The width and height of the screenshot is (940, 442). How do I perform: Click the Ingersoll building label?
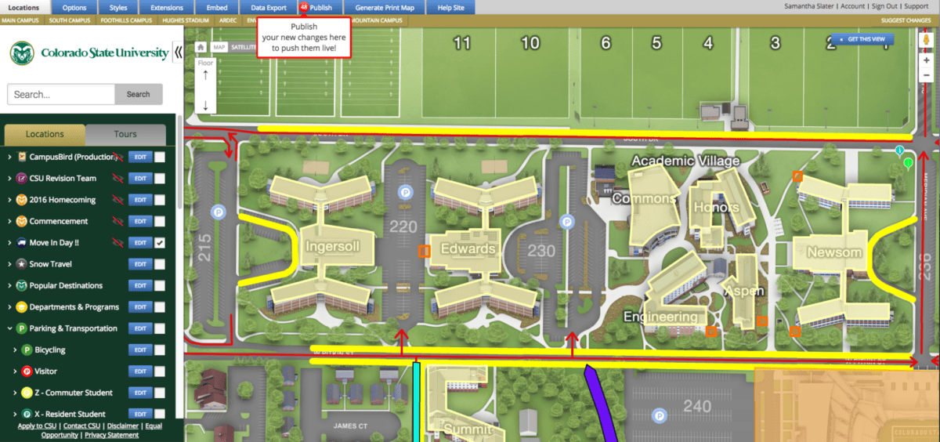333,247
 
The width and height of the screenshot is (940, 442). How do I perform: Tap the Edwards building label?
468,249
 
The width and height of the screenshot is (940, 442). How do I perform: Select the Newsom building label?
834,252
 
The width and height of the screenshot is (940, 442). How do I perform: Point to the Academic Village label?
685,161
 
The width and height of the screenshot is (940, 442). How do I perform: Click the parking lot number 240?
696,406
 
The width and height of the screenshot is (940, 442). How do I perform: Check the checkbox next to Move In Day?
160,243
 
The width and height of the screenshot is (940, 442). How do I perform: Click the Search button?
138,94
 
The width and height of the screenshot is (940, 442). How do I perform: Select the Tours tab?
125,134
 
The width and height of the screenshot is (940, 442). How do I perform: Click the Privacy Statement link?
111,435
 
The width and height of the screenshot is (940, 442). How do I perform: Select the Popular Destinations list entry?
66,286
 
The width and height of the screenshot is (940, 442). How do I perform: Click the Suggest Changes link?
906,20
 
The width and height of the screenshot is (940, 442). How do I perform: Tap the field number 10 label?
530,42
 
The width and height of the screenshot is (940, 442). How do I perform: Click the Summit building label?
467,429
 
